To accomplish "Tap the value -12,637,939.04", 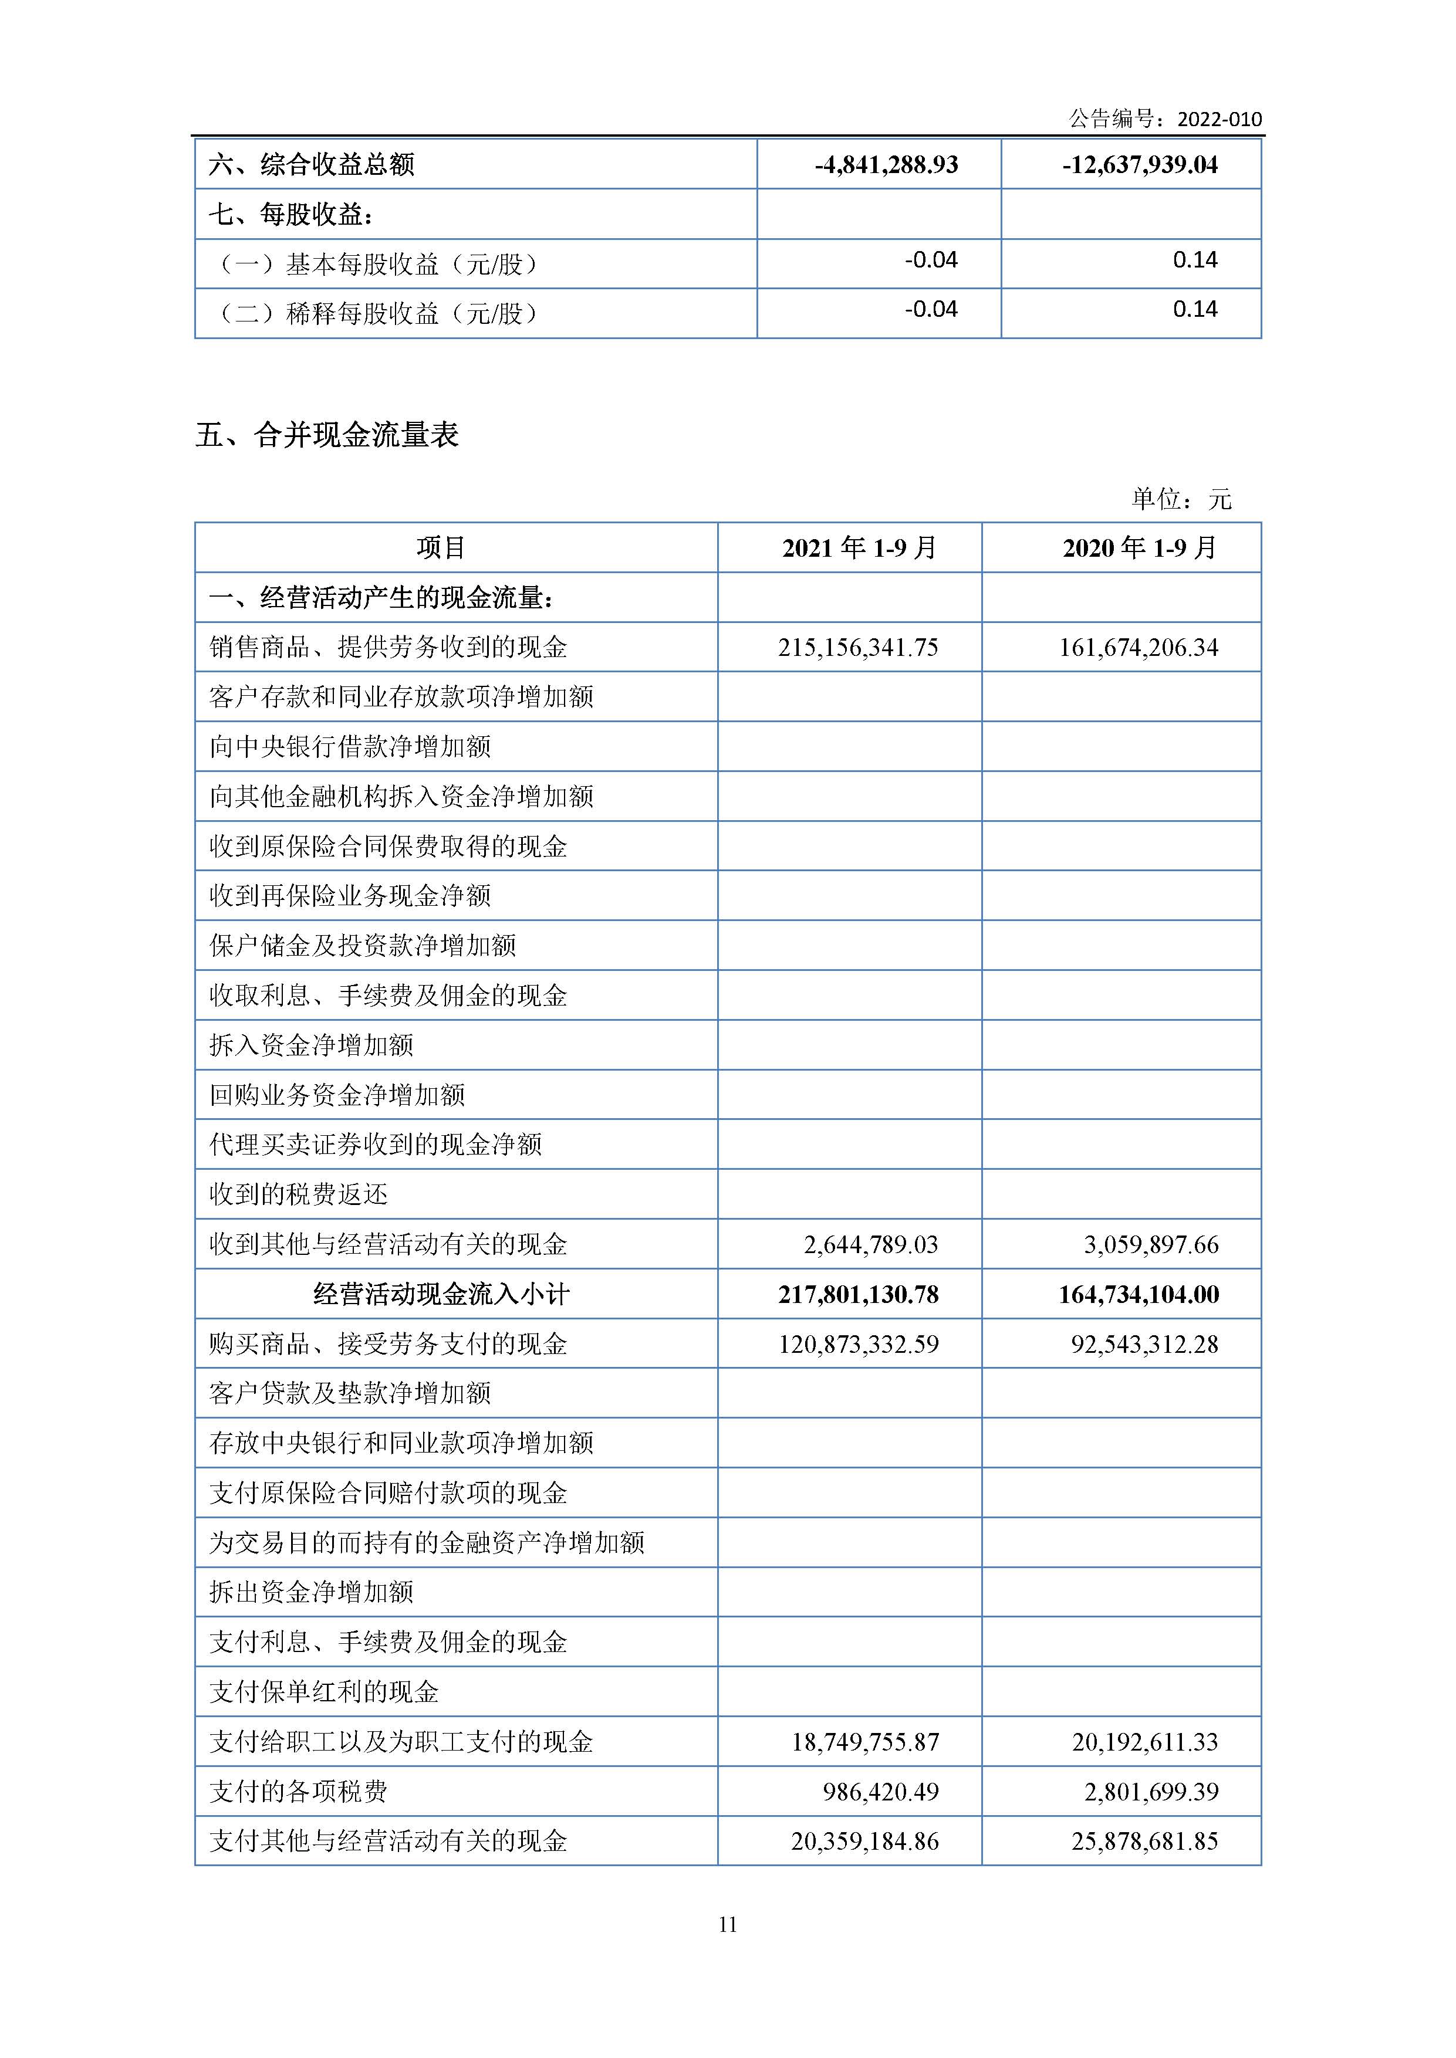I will pyautogui.click(x=1140, y=165).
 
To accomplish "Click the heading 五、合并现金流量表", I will pyautogui.click(x=327, y=436).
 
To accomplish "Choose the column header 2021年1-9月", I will pyautogui.click(x=859, y=548).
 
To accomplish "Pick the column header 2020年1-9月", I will pyautogui.click(x=1140, y=548).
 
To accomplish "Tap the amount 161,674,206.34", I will pyautogui.click(x=1139, y=647).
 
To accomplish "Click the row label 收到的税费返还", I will pyautogui.click(x=299, y=1194).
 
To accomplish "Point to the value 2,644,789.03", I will pyautogui.click(x=870, y=1244).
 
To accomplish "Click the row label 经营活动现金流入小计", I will pyautogui.click(x=441, y=1294).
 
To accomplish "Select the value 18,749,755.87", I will pyautogui.click(x=864, y=1742).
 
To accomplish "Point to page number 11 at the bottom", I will pyautogui.click(x=727, y=1924).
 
